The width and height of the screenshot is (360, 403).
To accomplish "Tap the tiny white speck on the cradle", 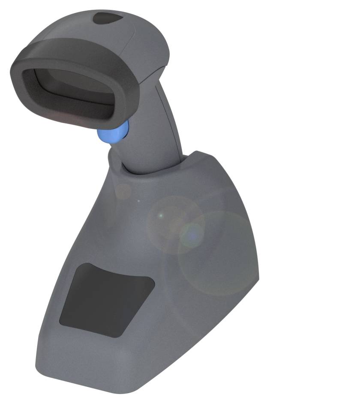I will pos(138,200).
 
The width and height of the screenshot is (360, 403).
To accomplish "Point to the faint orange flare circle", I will pos(123,191).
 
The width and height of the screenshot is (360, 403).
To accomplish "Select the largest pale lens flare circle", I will pos(219,253).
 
